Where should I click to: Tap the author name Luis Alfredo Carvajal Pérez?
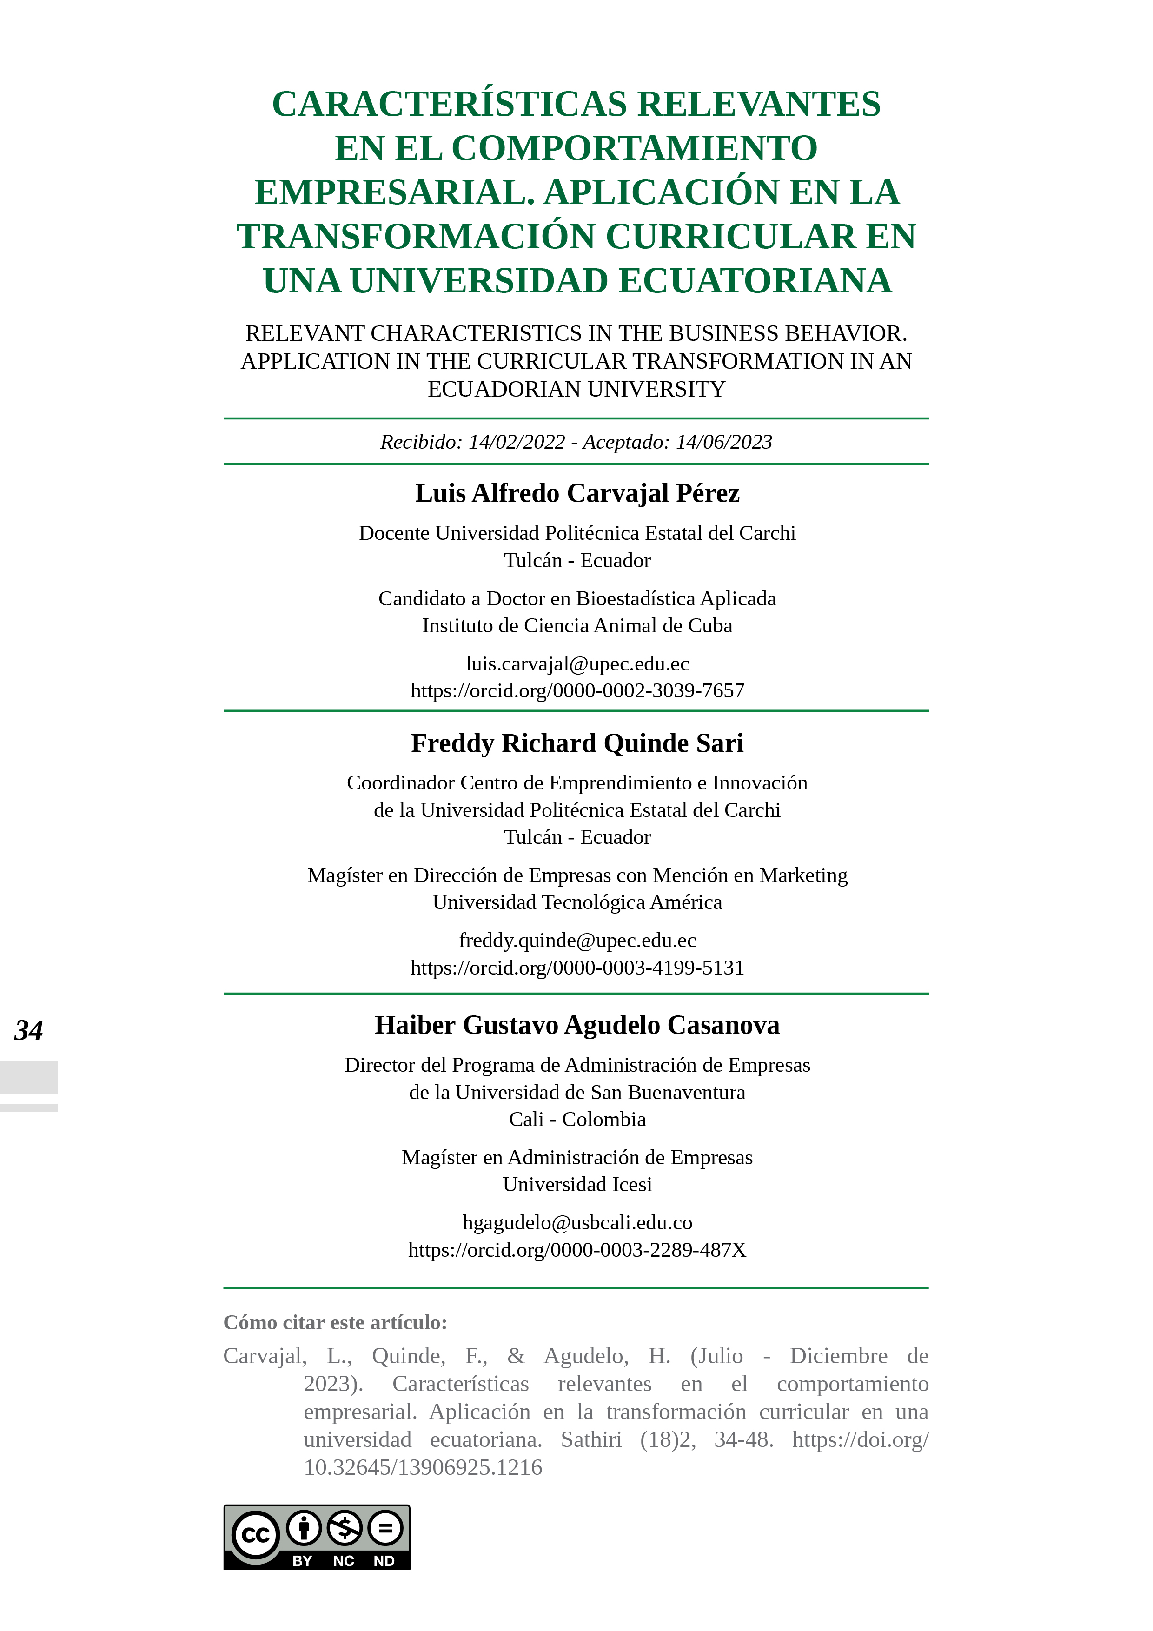point(577,493)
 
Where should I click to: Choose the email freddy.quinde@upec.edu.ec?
point(577,941)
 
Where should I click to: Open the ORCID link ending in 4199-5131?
point(577,968)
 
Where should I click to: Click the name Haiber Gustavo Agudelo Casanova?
point(577,1025)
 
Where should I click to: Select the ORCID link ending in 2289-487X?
point(577,1250)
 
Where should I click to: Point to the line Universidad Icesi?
point(577,1184)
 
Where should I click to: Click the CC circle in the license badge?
point(255,1535)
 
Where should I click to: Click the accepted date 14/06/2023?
point(723,442)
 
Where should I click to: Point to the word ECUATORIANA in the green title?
point(755,281)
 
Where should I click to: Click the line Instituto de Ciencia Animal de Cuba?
point(577,626)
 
